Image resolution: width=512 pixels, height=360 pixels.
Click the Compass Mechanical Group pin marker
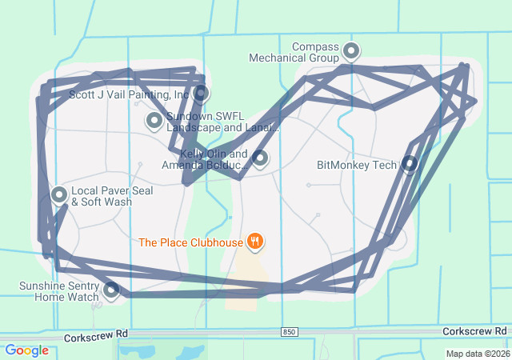tap(351, 52)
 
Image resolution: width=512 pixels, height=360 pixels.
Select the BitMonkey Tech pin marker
tap(410, 164)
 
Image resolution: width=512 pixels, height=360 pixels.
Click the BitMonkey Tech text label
tap(357, 166)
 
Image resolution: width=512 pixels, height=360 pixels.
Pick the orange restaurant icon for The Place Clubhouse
tap(255, 240)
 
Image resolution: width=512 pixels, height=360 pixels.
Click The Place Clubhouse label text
tap(190, 242)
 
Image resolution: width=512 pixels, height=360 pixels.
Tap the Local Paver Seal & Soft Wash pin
tap(60, 194)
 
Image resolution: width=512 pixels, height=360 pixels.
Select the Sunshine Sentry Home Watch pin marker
tap(111, 289)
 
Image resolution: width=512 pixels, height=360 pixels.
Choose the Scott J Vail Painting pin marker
tap(201, 93)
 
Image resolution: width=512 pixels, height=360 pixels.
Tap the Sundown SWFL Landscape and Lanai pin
tap(154, 121)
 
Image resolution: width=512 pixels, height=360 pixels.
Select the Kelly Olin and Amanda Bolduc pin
tap(260, 158)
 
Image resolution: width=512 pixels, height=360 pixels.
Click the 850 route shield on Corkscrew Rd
tap(290, 331)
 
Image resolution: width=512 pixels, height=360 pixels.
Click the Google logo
tap(26, 350)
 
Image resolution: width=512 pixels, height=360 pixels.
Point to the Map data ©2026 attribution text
tap(477, 354)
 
